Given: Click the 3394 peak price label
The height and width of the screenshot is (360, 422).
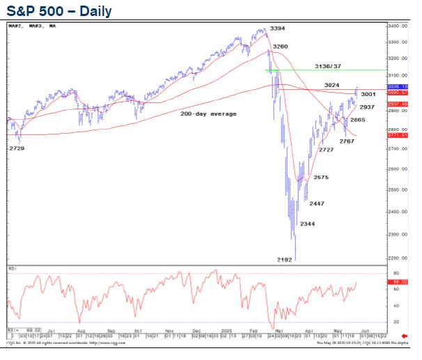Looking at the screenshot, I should [277, 29].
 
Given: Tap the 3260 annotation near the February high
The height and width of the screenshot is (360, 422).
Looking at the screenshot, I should [281, 47].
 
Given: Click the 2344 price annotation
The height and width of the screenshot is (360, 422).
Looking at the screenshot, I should [307, 224].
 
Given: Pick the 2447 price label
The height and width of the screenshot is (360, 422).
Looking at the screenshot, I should [316, 203].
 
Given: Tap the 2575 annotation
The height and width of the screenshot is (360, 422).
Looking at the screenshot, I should [321, 178].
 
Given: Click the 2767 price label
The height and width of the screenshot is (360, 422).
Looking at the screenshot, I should [347, 141].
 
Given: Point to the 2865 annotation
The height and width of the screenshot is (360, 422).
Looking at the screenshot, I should [358, 120].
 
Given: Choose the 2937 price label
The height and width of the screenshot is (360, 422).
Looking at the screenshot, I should [368, 107].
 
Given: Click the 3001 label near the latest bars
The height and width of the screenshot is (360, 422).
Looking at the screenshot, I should [369, 94].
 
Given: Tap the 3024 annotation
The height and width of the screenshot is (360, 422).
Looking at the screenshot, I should [331, 85].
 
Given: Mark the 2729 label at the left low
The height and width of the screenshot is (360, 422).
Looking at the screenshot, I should [16, 148].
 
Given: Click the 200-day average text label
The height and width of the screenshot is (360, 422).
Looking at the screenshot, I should [208, 114].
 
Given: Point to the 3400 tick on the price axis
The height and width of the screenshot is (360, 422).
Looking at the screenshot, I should [397, 26].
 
